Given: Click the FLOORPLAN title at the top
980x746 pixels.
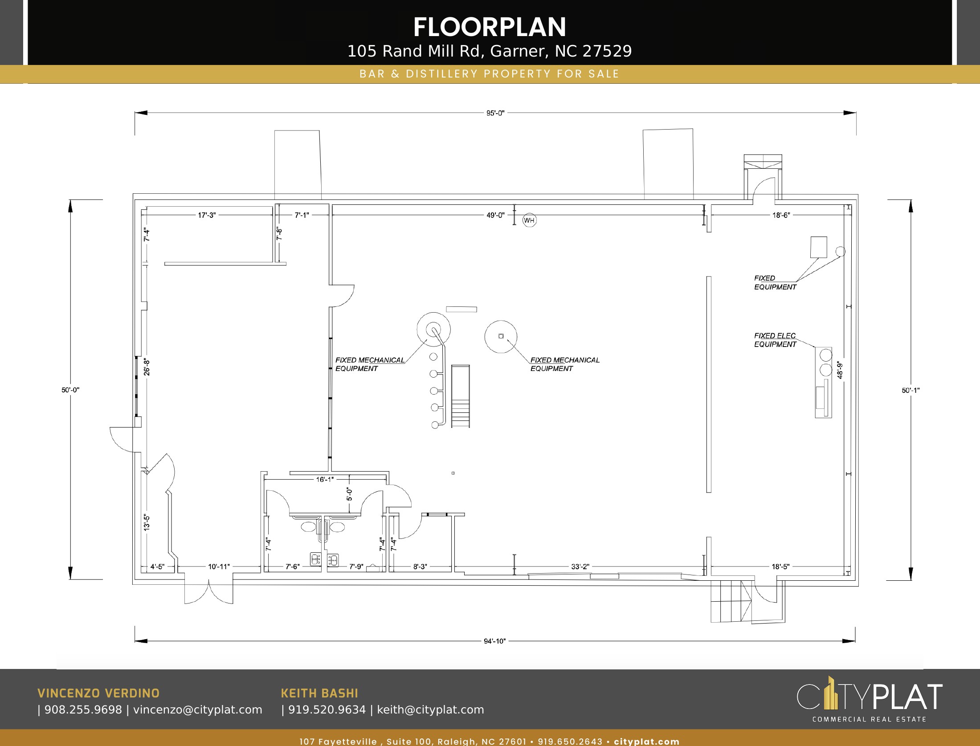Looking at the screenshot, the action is [490, 27].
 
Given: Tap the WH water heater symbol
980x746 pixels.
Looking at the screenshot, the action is [529, 220].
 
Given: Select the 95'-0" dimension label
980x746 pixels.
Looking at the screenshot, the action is [495, 113].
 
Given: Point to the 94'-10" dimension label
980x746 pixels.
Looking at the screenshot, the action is [495, 641].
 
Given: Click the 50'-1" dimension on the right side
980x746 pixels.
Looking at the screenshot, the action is [911, 390].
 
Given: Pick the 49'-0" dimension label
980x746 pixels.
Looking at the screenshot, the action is [495, 215].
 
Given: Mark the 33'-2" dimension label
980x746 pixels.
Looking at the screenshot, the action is [580, 567].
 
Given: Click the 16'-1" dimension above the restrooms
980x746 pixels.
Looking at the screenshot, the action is [325, 480].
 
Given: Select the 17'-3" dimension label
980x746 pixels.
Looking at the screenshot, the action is [207, 215].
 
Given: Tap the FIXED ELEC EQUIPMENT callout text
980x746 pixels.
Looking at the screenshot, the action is [775, 340].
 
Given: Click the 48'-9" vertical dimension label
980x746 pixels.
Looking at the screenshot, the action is [840, 370].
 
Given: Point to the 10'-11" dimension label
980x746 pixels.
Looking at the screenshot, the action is [219, 567].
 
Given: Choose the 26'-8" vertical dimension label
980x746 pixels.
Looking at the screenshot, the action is [147, 367].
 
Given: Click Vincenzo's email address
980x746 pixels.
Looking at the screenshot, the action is [198, 709].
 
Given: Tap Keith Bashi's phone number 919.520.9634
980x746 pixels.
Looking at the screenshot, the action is [327, 709].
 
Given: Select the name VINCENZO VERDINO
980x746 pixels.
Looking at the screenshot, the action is [98, 693].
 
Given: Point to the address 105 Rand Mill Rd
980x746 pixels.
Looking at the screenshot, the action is [414, 51].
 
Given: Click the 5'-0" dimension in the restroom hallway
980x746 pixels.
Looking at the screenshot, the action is [350, 494].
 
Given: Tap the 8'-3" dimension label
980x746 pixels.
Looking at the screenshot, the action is [420, 567].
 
